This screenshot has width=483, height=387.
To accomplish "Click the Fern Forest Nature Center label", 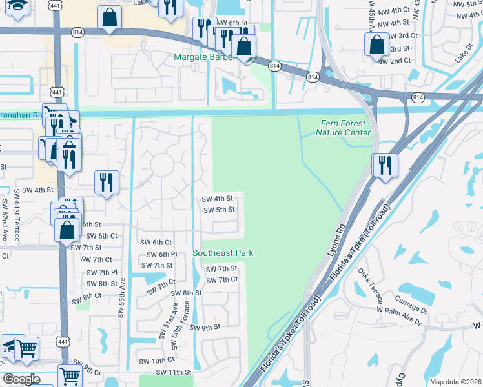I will pos(343,128).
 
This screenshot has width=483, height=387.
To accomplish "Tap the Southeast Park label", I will pos(223,253).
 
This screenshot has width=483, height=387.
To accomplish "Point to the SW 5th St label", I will pos(219,210).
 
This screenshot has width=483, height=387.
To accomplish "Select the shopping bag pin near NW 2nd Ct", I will pos(376,46).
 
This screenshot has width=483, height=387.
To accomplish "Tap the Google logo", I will pos(22,379).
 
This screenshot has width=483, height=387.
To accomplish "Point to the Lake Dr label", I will pos(463,57).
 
